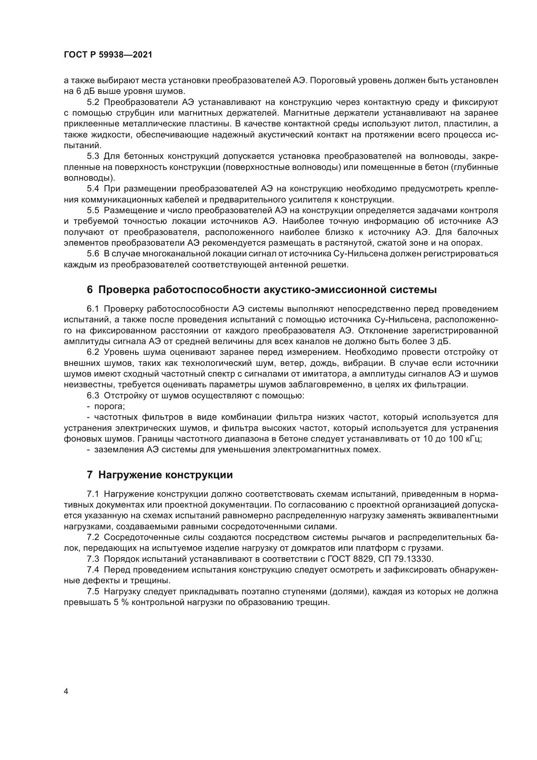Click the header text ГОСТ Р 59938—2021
(108, 55)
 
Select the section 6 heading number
(90, 290)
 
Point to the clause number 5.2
(93, 102)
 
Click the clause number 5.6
(93, 254)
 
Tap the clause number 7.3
(93, 559)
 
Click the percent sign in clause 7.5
(125, 602)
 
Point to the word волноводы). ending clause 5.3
(89, 178)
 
